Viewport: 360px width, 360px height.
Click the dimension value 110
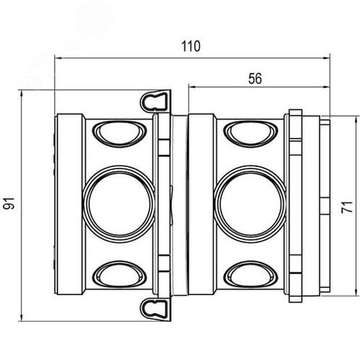click(x=191, y=46)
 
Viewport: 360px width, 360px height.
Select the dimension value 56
click(x=255, y=78)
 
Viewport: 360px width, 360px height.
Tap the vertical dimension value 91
click(x=9, y=204)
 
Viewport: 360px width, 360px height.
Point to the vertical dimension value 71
click(x=347, y=207)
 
